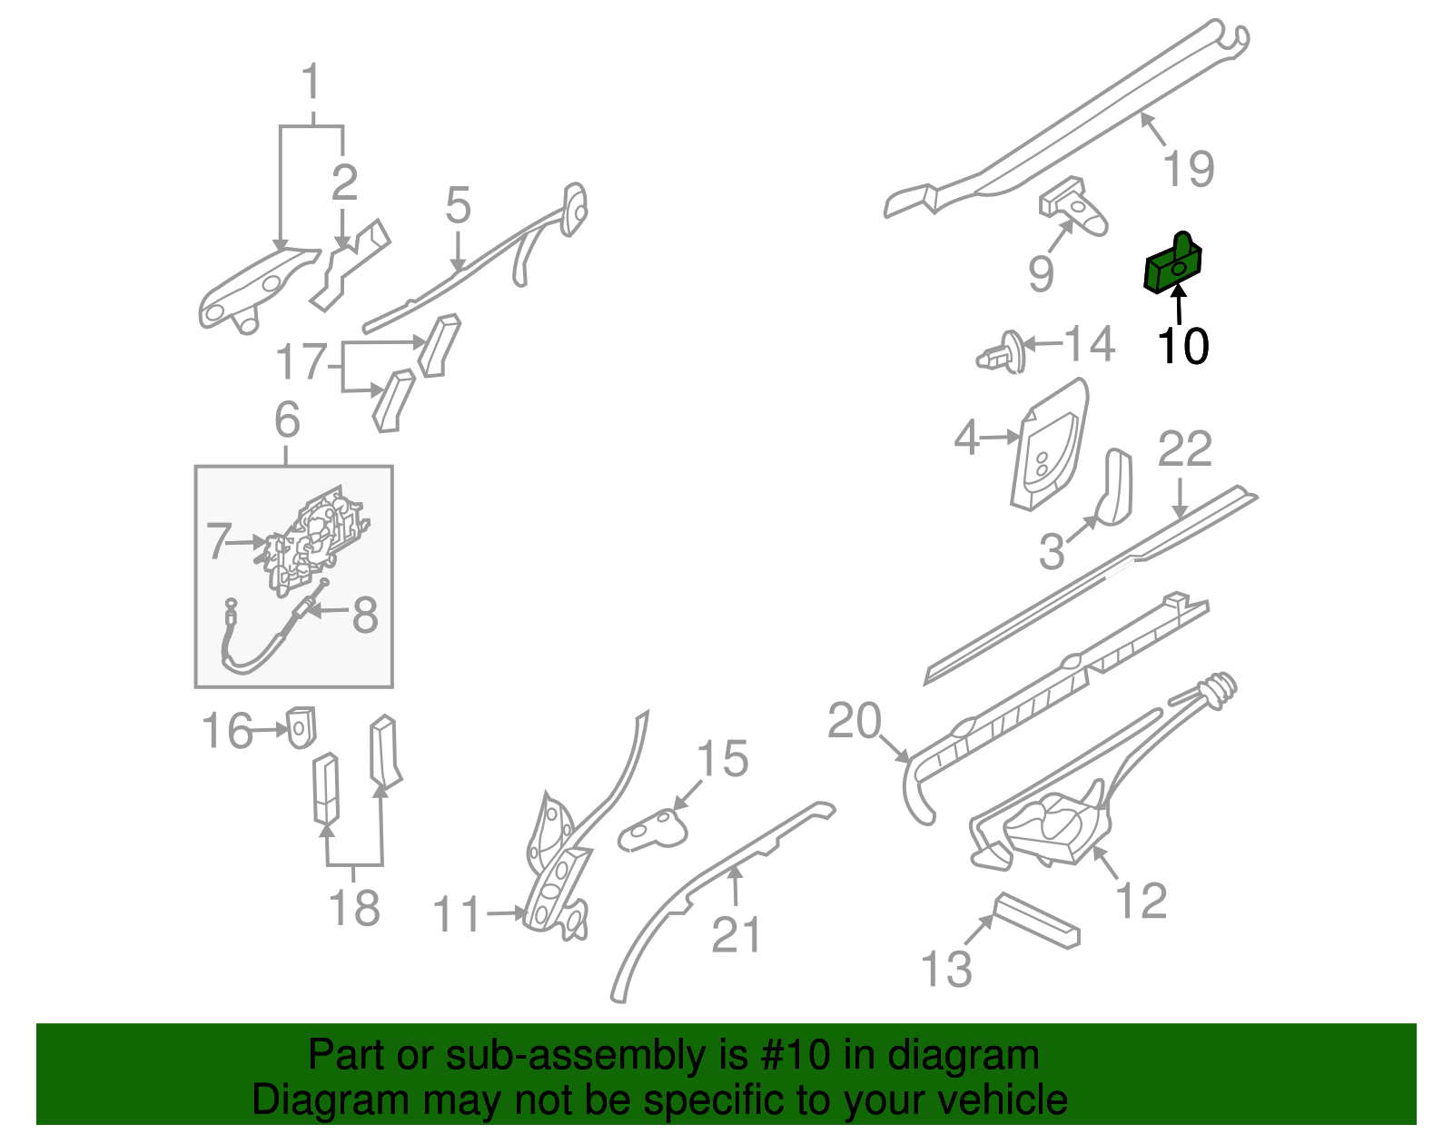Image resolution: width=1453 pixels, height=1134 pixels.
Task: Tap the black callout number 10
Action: coord(1182,347)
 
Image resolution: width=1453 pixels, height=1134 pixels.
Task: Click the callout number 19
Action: coord(1188,169)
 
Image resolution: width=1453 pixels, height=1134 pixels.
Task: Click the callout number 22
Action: coord(1184,449)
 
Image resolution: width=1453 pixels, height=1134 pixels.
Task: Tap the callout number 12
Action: coord(1141,901)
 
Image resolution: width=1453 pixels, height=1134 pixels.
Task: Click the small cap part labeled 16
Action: coord(301,726)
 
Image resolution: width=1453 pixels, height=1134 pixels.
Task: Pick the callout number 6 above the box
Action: coord(287,420)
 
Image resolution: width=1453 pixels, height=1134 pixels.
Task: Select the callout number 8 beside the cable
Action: coord(364,616)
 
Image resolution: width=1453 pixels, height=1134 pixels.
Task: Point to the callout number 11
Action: coord(457,914)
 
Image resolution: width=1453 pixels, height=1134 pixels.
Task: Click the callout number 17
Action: coord(301,361)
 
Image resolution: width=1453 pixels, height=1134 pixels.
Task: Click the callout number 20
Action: coord(854,721)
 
